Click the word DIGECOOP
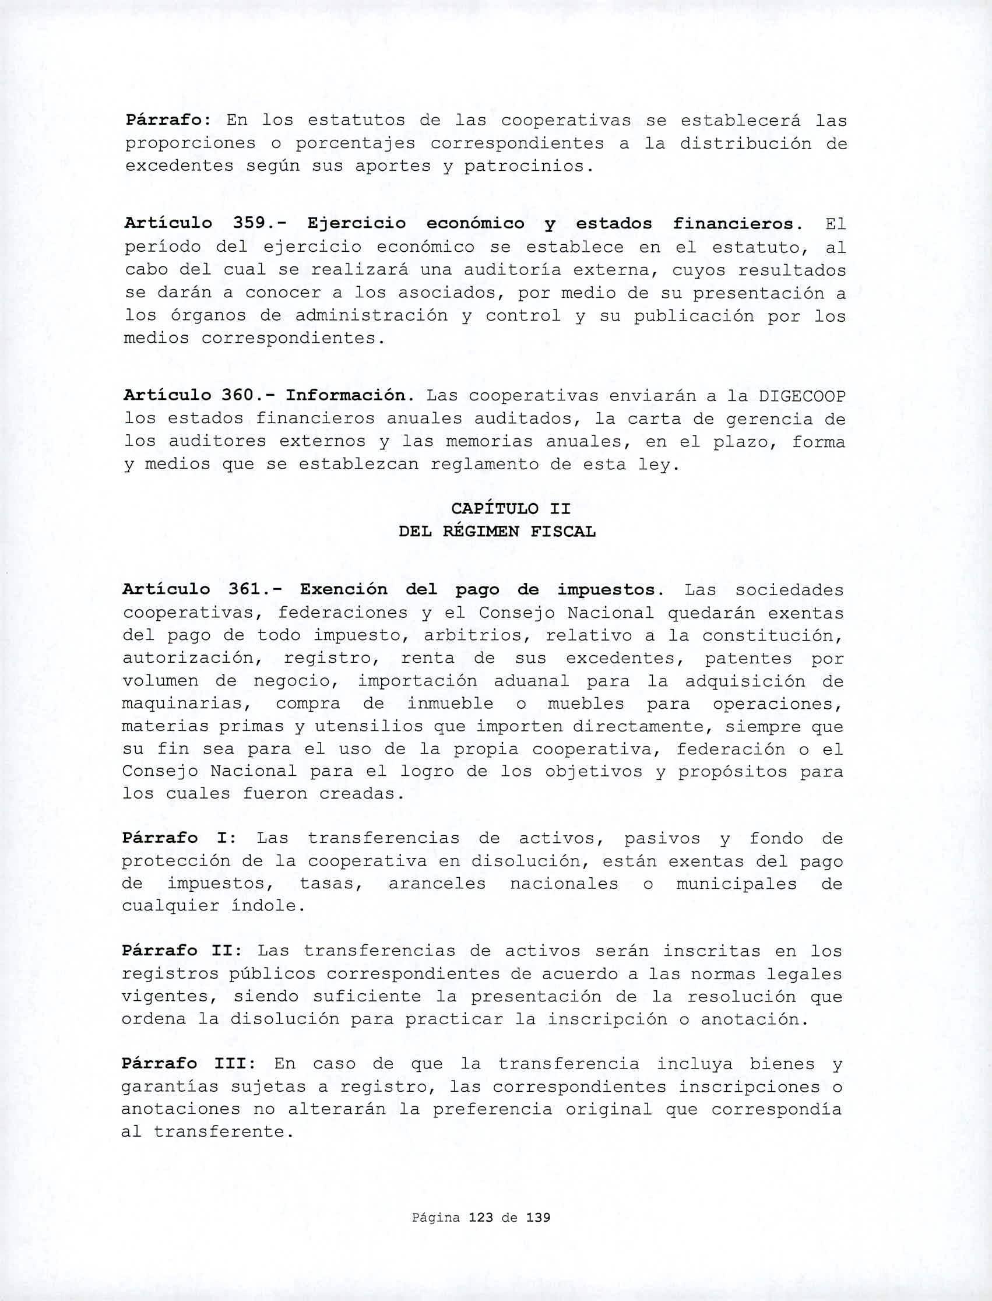pyautogui.click(x=802, y=396)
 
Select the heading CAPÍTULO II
pyautogui.click(x=511, y=508)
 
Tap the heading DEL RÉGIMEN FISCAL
pyautogui.click(x=497, y=532)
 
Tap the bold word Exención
pyautogui.click(x=346, y=589)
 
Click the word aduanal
pyautogui.click(x=531, y=681)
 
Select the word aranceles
pyautogui.click(x=437, y=884)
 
